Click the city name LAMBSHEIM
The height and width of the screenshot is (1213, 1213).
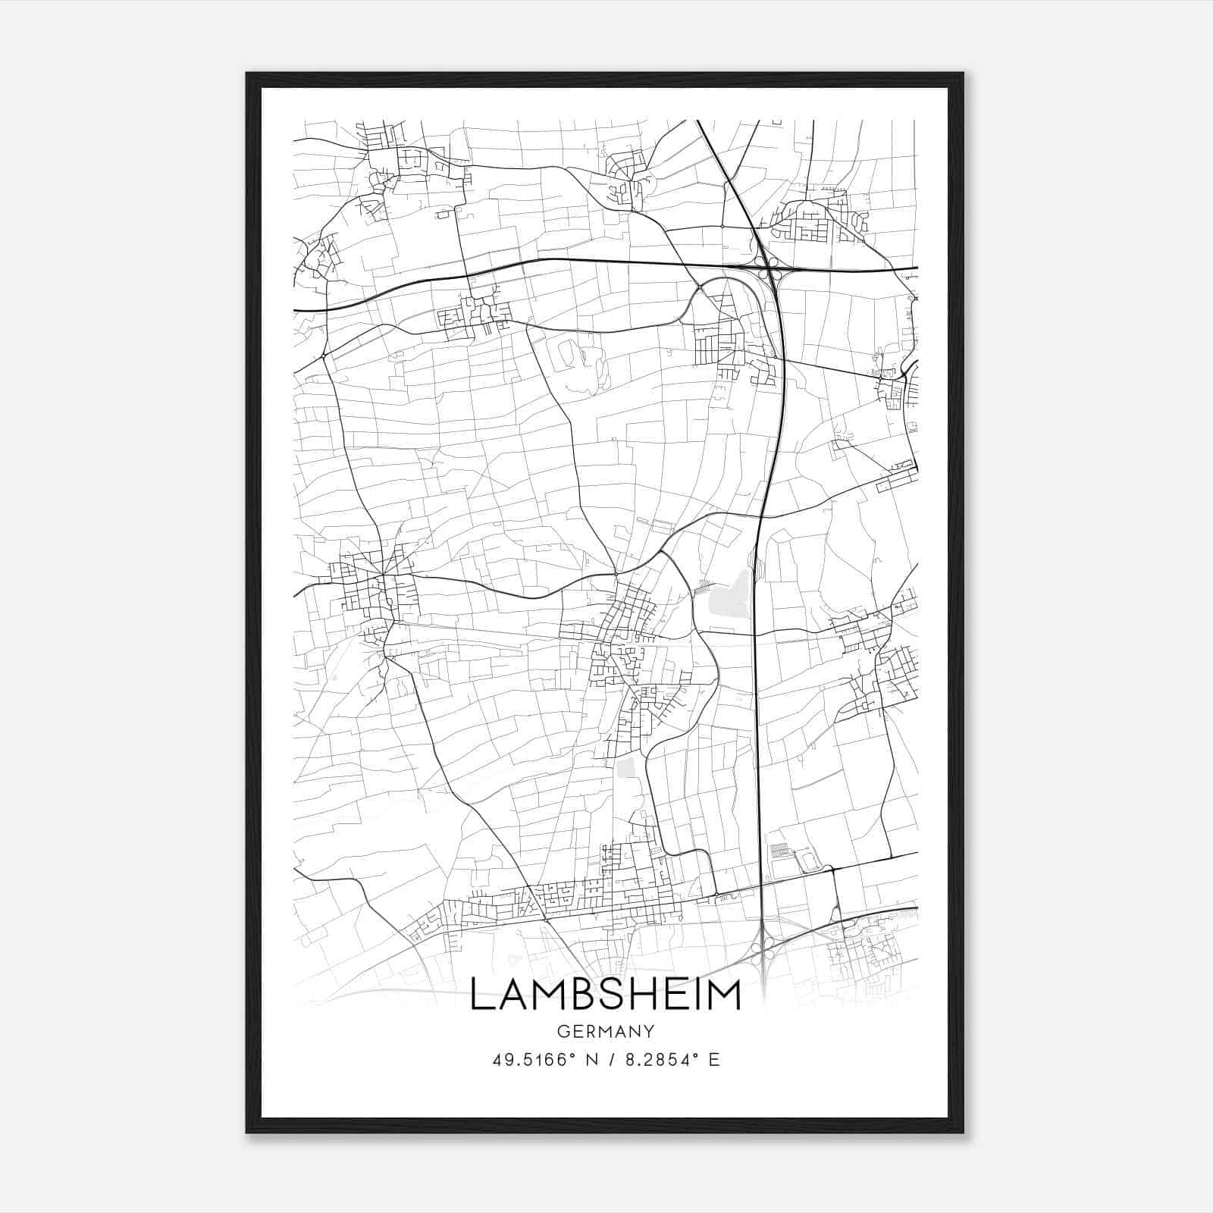(605, 994)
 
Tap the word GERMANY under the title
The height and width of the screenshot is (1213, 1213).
(605, 1031)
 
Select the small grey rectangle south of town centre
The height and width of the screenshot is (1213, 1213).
(625, 767)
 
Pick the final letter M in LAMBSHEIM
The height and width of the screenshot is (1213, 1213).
(723, 994)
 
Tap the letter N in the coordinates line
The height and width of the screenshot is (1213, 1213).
(590, 1060)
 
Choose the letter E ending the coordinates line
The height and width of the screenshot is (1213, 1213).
(713, 1060)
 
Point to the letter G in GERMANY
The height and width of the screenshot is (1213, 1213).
(562, 1031)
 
